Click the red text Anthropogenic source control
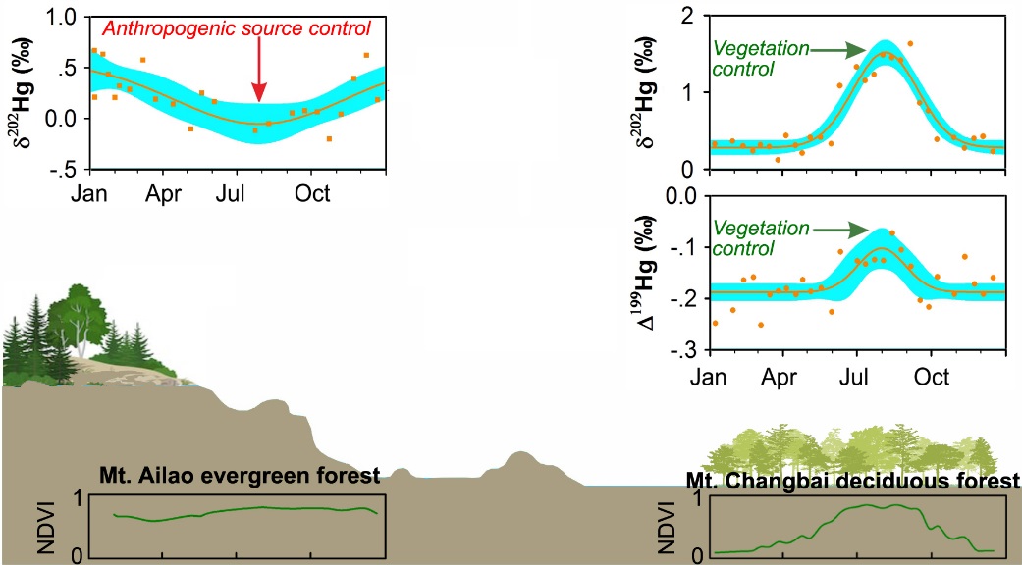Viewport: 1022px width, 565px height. click(237, 28)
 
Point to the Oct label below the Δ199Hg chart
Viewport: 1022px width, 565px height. click(932, 377)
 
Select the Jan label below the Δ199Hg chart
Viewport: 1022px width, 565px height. click(711, 377)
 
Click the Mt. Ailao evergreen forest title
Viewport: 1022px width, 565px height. click(240, 477)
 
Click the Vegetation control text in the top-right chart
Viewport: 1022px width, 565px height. click(758, 58)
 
